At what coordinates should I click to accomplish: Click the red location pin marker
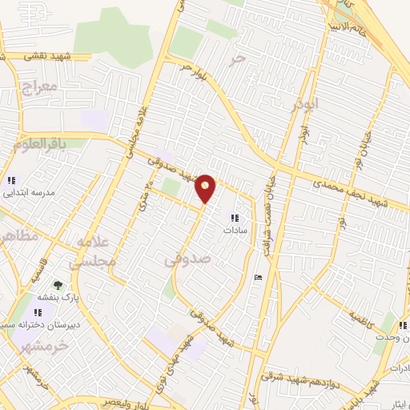(207, 188)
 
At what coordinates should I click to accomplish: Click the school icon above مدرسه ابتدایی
(11, 180)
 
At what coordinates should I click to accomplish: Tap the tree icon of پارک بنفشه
(57, 284)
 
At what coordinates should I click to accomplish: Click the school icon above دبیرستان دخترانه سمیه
(38, 312)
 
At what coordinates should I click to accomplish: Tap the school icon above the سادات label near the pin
(235, 217)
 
